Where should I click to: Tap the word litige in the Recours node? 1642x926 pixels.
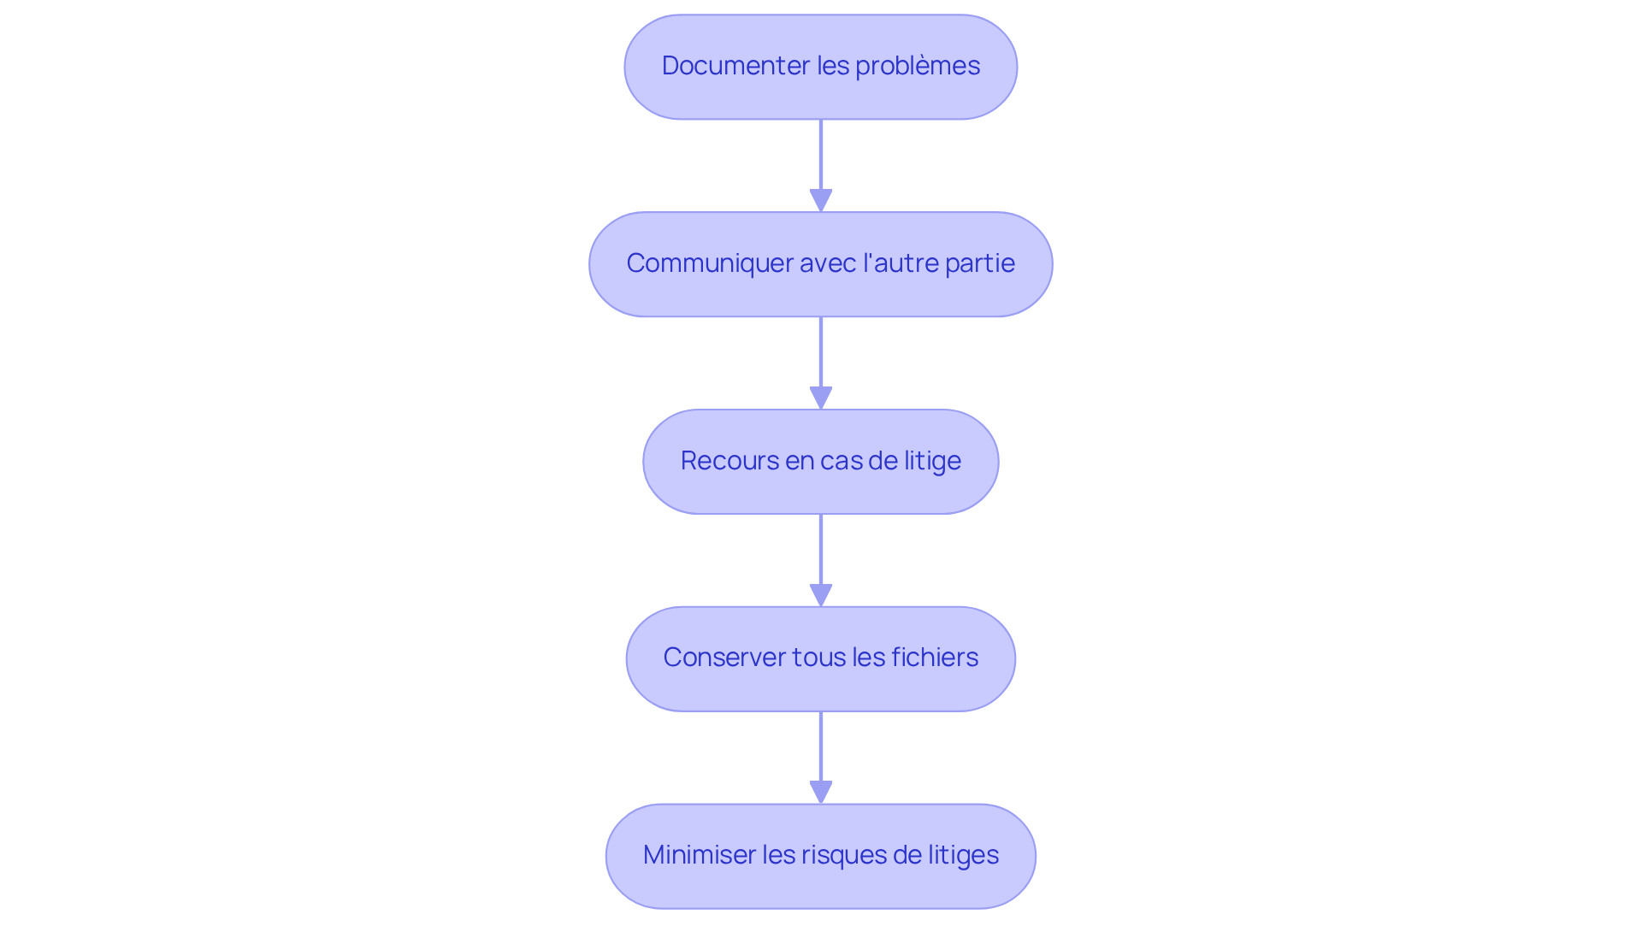point(932,461)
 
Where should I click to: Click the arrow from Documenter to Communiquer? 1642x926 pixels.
point(821,158)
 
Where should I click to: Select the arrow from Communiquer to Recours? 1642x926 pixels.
point(821,355)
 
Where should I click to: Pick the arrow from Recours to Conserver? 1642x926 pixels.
point(821,552)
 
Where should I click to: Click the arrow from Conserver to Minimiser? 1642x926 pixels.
point(821,749)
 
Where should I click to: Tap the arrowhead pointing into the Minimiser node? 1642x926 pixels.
point(821,793)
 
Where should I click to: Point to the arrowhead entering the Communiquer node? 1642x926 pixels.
point(821,201)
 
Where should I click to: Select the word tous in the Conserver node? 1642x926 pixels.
point(819,658)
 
